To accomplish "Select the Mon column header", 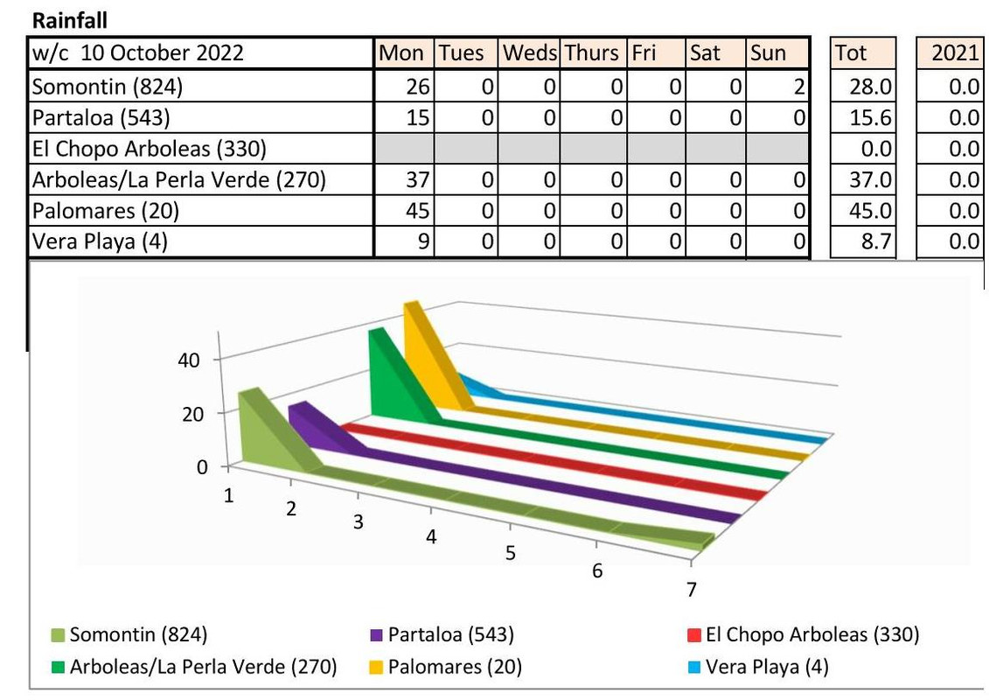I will tap(401, 53).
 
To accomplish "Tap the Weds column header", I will tap(529, 53).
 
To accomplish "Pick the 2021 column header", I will tap(954, 53).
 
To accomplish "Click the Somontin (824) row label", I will tap(108, 86).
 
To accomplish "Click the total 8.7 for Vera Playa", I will tap(876, 241).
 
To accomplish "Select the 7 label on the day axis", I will tap(691, 590).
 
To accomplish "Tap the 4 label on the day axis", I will tap(431, 536).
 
